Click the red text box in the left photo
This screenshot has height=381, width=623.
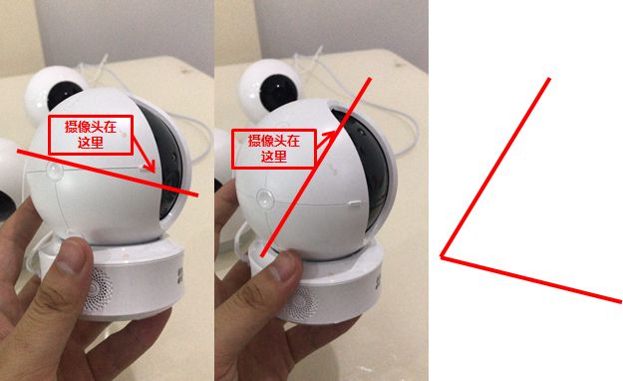point(90,135)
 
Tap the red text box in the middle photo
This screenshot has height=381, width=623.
point(274,149)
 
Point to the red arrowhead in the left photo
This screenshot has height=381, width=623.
point(151,166)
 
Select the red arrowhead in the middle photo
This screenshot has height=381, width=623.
point(330,134)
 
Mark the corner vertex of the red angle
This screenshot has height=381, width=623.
point(442,257)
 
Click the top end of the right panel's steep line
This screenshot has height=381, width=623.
point(549,79)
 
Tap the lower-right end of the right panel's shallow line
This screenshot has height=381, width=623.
point(620,302)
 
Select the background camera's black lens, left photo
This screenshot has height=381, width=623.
point(64,95)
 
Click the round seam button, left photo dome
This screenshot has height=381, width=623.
point(54,172)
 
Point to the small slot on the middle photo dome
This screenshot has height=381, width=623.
point(355,203)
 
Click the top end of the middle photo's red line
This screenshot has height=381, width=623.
point(370,79)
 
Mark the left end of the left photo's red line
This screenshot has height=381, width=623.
point(18,151)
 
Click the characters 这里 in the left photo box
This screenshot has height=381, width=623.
point(91,143)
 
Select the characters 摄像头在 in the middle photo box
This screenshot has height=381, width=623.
point(274,141)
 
